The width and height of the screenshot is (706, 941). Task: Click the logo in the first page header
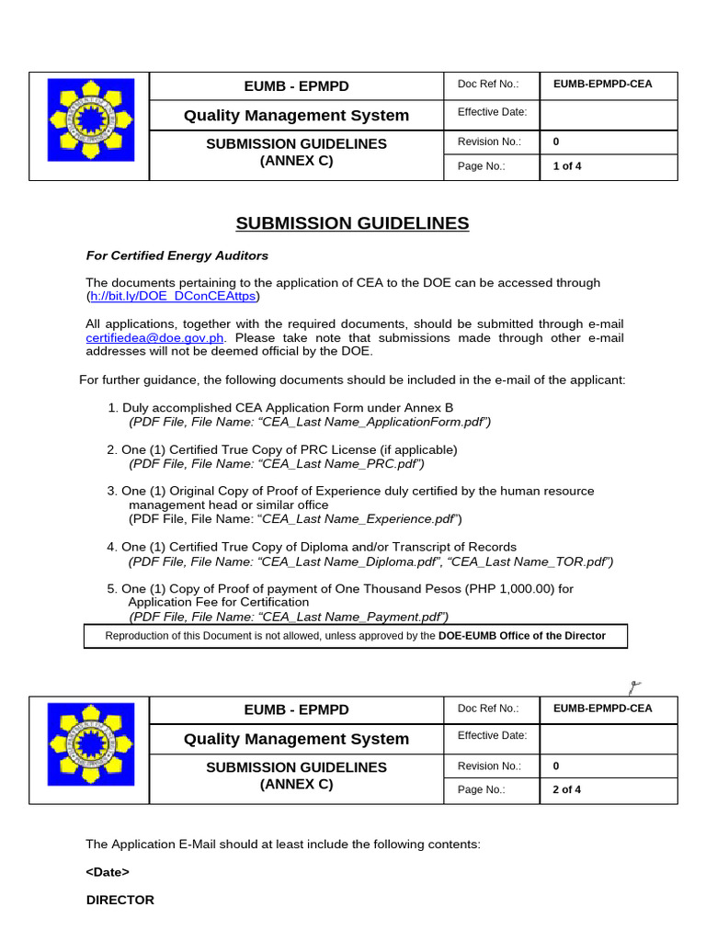pos(89,125)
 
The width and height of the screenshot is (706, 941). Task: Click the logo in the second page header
pos(89,749)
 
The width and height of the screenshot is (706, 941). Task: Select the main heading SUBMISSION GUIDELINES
pos(352,223)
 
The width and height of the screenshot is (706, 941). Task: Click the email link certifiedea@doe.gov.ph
pos(154,337)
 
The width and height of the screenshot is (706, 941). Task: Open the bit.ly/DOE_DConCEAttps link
pos(173,296)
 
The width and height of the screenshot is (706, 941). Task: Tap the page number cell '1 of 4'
pos(566,166)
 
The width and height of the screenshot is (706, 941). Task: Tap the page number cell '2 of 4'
pos(566,789)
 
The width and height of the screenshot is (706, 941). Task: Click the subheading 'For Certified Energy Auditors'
pos(176,255)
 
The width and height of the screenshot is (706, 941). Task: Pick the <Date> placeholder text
pos(108,872)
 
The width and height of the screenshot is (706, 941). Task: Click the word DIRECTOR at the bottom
pos(120,900)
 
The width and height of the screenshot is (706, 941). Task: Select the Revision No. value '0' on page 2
pos(556,765)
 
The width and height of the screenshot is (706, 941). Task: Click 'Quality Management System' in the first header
pos(296,115)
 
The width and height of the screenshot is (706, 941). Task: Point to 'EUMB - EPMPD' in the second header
pos(296,709)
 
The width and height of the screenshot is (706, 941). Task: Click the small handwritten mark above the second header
pos(633,686)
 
